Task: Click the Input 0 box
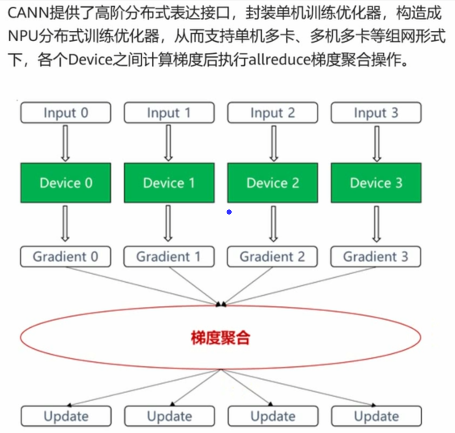point(66,113)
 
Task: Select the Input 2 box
point(273,113)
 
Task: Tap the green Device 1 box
point(169,183)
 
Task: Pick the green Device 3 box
point(376,183)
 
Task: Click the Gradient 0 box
point(66,257)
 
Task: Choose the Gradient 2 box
point(272,257)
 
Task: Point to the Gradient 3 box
point(376,257)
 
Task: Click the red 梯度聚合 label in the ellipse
point(220,338)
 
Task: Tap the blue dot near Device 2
point(229,212)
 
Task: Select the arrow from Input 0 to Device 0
point(65,143)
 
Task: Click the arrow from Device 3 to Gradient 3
point(376,224)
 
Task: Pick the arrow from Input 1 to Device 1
point(168,143)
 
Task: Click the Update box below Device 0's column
point(66,416)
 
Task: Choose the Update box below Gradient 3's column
point(376,416)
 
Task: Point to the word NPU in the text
point(23,36)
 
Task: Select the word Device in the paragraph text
point(90,59)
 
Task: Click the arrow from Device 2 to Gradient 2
point(273,224)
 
